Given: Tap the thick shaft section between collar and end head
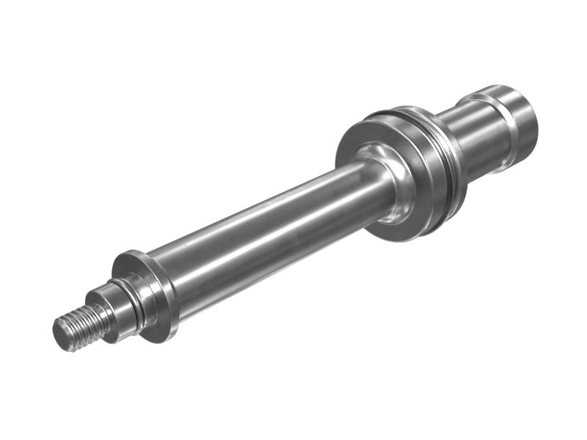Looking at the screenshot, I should (477, 136).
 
